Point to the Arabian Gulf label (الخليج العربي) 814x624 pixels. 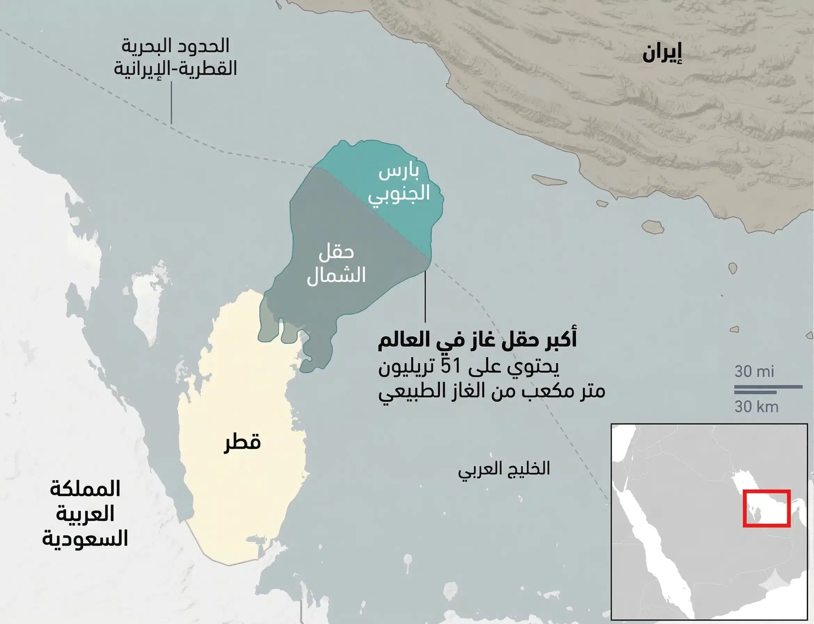tap(504, 470)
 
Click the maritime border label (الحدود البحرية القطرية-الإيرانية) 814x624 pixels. tap(175, 57)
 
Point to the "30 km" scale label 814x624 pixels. tap(757, 407)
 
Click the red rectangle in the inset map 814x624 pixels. tap(766, 508)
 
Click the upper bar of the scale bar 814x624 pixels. tap(768, 387)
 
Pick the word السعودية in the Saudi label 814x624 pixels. tap(85, 539)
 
